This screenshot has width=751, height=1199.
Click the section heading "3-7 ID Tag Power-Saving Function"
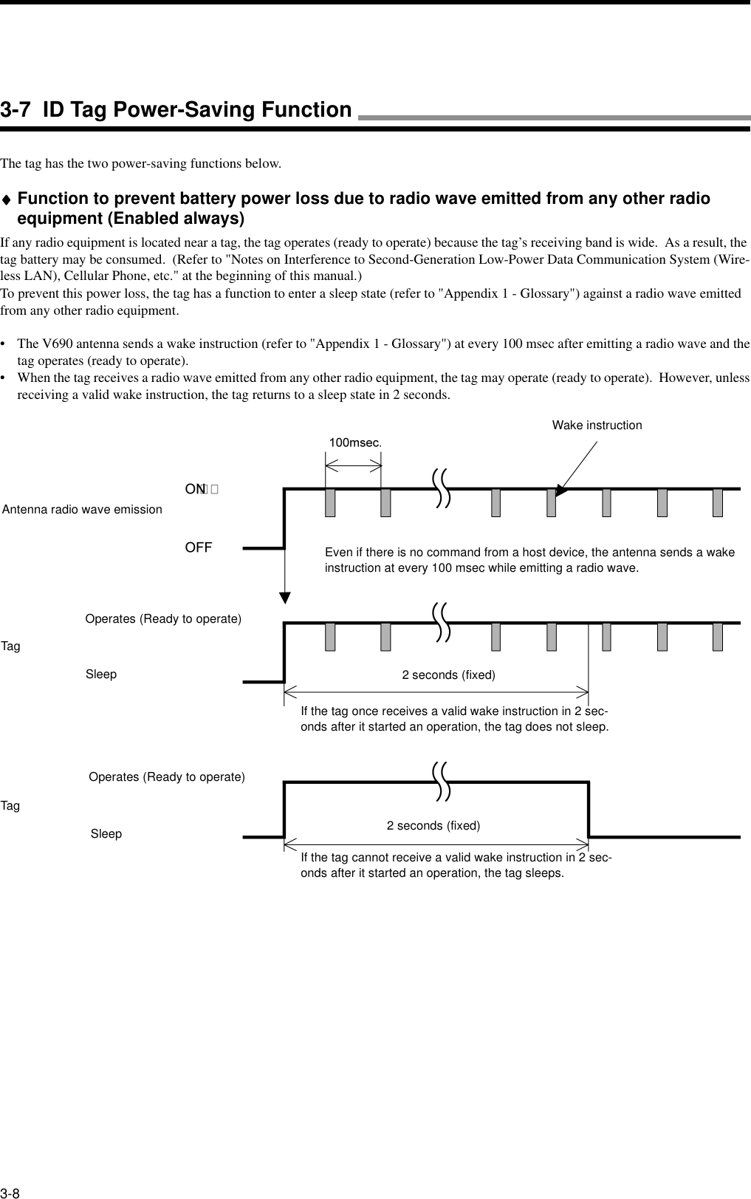pos(176,110)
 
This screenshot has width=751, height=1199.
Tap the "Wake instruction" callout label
pos(597,426)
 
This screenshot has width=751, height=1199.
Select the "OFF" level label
pos(199,547)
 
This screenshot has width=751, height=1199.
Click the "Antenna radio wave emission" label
pos(83,509)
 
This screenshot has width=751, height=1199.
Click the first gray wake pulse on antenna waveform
pos(330,502)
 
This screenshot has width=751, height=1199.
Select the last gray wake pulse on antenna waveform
pos(718,502)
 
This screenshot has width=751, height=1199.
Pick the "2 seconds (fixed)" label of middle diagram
pos(448,675)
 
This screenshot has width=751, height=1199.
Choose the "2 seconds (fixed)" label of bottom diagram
pos(433,825)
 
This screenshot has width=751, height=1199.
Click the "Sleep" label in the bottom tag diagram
pos(106,834)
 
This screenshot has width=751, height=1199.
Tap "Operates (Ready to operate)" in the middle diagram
pos(163,618)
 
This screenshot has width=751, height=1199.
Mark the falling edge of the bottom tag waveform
pos(589,809)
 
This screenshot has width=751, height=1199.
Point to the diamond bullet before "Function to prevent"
pos(7,199)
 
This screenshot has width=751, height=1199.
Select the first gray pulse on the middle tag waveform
pos(330,637)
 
